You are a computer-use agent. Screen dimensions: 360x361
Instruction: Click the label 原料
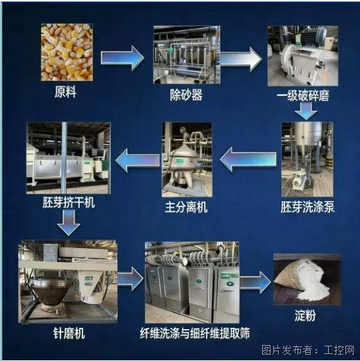65,92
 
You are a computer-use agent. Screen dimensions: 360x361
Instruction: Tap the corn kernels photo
67,52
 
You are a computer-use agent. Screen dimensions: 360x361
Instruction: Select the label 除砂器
186,95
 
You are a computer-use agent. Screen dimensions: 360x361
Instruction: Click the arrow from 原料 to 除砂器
123,58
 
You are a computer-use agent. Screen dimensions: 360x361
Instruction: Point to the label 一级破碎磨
303,96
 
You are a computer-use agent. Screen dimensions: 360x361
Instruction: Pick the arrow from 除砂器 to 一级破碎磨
241,59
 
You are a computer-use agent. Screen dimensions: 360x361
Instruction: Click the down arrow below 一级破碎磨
307,111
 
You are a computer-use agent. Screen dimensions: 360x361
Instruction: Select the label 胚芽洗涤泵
307,206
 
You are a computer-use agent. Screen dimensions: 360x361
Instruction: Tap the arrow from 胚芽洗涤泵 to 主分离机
248,159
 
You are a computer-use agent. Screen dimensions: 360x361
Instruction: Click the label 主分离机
186,207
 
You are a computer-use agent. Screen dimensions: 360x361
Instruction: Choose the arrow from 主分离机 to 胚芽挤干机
137,160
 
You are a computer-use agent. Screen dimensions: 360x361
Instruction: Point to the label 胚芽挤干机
69,202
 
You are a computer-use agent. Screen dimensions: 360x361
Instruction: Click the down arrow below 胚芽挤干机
69,222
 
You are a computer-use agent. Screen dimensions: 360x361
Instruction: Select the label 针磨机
69,333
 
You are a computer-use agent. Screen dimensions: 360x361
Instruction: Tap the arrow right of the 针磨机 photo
130,279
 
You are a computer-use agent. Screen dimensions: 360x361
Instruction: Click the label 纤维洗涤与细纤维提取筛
195,333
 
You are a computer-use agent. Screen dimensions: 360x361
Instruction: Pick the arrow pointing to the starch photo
255,282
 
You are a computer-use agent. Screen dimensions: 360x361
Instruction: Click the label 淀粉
305,315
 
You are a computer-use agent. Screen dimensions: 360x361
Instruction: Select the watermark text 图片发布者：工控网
308,350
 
